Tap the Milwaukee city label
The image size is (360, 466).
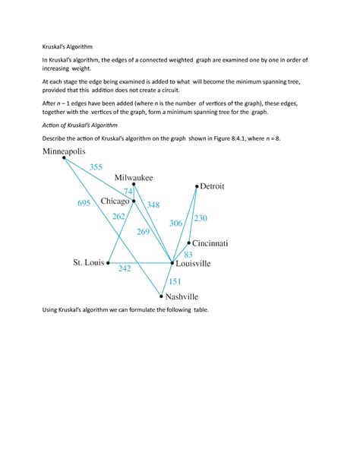(x=134, y=177)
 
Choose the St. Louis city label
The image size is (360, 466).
(x=88, y=263)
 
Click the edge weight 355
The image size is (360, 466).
(x=96, y=166)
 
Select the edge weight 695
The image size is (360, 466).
(x=84, y=204)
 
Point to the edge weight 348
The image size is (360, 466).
(x=153, y=204)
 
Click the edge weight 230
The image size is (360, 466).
(x=200, y=218)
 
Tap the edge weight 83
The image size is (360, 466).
(x=188, y=254)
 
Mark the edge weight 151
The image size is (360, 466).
(x=175, y=281)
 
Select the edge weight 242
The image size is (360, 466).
(x=125, y=269)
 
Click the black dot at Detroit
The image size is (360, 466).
(x=196, y=185)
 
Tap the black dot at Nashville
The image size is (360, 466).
(x=162, y=297)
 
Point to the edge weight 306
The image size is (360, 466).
(x=176, y=223)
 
